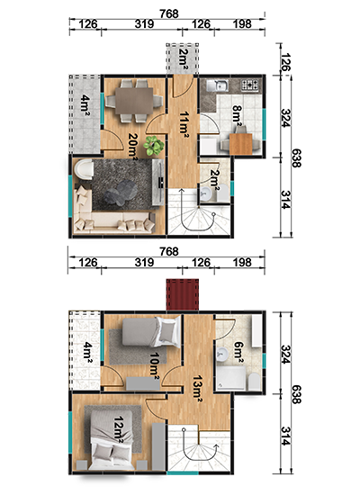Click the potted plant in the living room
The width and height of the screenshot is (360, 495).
154,146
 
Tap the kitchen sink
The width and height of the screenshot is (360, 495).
218,85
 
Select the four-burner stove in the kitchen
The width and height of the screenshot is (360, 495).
250,85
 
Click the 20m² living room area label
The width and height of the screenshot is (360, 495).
133,147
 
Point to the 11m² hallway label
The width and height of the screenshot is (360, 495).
184,124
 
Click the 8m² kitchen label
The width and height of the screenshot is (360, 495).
237,113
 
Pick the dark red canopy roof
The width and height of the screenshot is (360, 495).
183,294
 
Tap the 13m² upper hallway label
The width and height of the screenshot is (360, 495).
197,389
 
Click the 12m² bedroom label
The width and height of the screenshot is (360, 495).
119,429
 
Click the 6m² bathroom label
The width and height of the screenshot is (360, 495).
238,351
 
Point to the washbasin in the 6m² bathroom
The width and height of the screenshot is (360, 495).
222,354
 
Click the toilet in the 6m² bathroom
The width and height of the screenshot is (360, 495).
254,382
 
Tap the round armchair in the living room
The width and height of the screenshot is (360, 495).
84,169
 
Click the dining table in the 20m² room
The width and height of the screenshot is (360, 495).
134,101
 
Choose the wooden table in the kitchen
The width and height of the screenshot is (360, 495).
241,144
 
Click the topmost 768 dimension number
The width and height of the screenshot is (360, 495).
169,13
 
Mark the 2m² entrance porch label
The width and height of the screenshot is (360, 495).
183,58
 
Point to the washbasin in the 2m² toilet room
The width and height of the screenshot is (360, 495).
206,193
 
